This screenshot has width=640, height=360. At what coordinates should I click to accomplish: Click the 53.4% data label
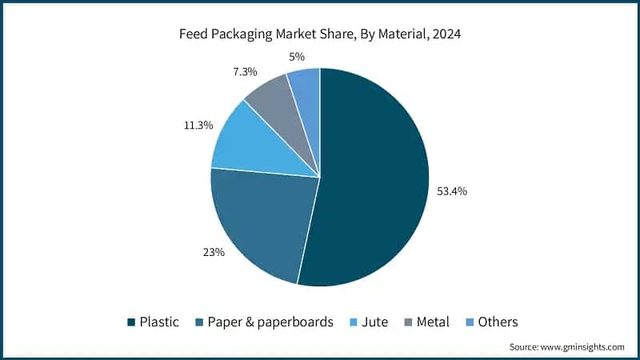click(452, 191)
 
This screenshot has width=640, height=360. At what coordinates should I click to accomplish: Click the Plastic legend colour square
click(131, 322)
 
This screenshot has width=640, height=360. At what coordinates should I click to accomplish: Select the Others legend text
click(498, 322)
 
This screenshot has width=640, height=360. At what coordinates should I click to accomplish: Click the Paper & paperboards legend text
click(270, 322)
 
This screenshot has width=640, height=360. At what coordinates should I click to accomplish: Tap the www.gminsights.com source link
click(582, 347)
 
